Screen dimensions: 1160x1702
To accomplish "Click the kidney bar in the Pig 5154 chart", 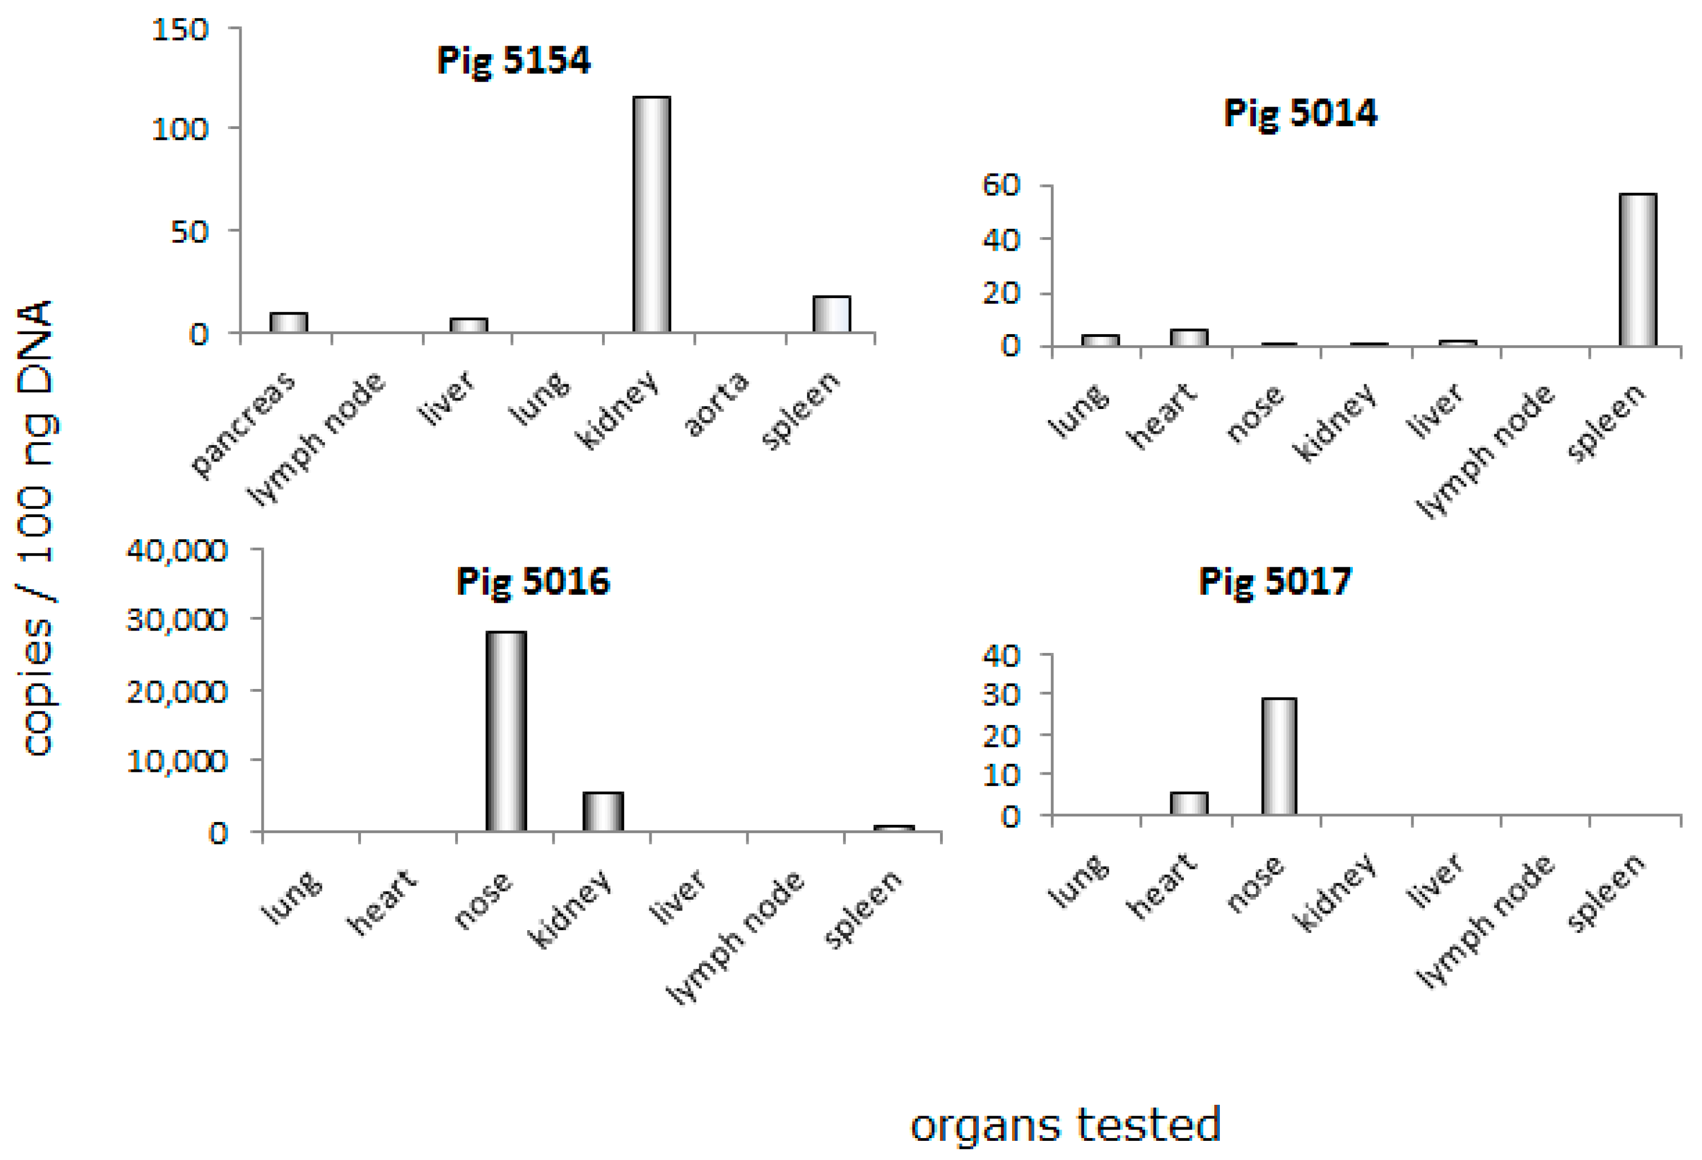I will tap(651, 214).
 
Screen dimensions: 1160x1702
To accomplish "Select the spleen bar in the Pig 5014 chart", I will tap(1638, 270).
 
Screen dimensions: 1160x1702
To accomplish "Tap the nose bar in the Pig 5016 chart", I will tap(506, 731).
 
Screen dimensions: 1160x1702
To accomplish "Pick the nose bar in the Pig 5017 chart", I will tap(1278, 755).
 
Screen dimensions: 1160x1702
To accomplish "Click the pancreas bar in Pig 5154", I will tap(288, 322).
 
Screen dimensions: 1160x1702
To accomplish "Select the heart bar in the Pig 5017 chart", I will tap(1188, 803).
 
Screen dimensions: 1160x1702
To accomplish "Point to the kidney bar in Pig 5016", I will tap(603, 811).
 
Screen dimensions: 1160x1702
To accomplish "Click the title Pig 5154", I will tap(514, 60).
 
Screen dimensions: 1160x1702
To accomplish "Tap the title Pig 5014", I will tap(1300, 114).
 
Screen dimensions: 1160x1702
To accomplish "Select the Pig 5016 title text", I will tap(532, 582).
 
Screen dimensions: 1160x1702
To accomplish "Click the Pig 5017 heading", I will tap(1275, 582).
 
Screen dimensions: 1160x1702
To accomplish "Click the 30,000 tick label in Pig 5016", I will tap(177, 620).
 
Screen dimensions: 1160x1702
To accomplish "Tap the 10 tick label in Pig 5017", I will tap(1001, 775).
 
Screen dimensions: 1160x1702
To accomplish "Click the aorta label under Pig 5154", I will tap(715, 404).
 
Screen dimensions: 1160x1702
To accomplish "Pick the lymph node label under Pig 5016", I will tap(734, 938).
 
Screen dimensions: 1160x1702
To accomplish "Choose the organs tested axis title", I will tap(1066, 1125).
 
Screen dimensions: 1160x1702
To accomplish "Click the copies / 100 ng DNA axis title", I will tap(37, 528).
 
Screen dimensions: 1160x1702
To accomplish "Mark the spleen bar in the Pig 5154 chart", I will tap(831, 314).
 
